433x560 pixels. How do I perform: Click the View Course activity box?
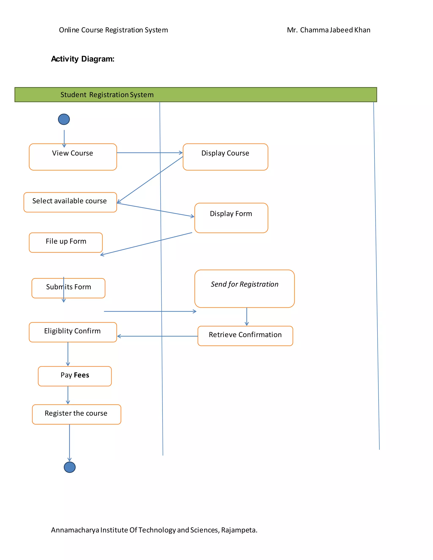[73, 157]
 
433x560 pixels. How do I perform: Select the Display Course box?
[225, 157]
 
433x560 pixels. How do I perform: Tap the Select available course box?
[70, 202]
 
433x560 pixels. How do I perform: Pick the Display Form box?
[231, 218]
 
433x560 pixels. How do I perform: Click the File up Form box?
[66, 243]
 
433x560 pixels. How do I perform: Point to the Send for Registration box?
[244, 288]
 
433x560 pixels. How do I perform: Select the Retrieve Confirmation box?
[245, 336]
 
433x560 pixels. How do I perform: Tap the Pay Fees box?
[75, 376]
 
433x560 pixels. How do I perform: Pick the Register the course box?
[77, 414]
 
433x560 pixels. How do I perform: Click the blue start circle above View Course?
[64, 119]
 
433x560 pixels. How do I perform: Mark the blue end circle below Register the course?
[70, 467]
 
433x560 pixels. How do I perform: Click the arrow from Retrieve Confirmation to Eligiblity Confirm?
[157, 336]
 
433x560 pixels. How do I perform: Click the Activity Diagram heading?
[83, 59]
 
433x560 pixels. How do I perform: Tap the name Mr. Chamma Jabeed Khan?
[328, 30]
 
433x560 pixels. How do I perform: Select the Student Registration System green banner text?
[107, 95]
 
